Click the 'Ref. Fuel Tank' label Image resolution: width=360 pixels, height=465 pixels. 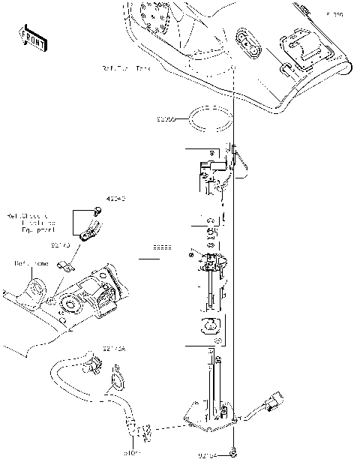tap(126, 68)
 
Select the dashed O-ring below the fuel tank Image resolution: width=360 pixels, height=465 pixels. tap(209, 120)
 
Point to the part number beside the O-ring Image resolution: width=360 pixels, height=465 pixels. tap(166, 119)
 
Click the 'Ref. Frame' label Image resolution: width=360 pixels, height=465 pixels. tap(31, 263)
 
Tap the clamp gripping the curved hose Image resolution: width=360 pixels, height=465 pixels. tap(94, 367)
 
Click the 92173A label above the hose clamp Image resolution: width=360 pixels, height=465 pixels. tap(115, 349)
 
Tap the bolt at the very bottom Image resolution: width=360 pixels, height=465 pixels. tap(235, 453)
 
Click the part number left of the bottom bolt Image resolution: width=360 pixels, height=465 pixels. tap(208, 453)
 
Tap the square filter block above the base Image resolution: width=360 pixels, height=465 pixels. tap(209, 325)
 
